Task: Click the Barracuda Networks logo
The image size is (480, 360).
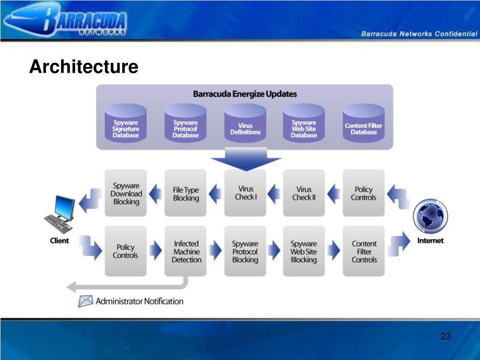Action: pos(66,20)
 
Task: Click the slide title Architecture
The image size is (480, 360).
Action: pos(83,67)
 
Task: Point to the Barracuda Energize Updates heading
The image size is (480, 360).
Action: pos(245,94)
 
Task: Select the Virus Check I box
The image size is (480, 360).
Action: pos(245,193)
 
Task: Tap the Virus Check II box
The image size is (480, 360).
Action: pos(304,193)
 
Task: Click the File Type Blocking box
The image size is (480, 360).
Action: pos(186,193)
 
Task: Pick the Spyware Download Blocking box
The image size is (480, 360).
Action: pos(126,193)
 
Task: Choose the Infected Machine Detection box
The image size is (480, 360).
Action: pos(186,251)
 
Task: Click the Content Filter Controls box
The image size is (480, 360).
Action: pos(364,251)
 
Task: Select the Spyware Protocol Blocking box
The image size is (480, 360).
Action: pos(245,251)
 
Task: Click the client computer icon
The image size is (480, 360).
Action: pos(60,215)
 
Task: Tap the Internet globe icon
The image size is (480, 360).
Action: pos(430,216)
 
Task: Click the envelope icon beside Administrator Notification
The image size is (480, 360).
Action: pos(85,301)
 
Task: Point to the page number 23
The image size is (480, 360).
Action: pos(445,336)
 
